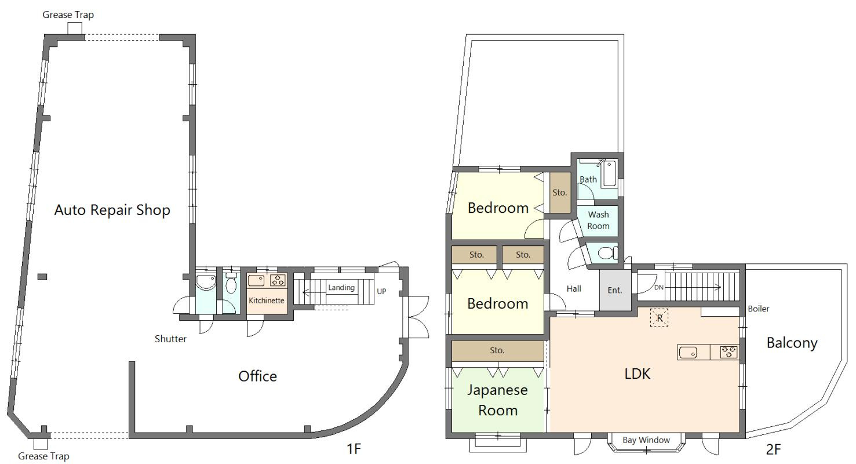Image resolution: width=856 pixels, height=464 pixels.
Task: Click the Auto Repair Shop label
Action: pos(112,210)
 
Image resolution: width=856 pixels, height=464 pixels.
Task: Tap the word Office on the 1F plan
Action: pos(257,376)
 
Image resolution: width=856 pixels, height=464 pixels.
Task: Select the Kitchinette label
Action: pos(267,300)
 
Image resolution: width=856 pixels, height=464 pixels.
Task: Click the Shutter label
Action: pos(170,339)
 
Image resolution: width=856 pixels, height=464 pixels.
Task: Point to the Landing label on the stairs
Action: pos(341,288)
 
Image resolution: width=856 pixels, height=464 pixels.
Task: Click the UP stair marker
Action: pos(381,292)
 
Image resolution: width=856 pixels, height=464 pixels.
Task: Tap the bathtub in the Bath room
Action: pos(609,175)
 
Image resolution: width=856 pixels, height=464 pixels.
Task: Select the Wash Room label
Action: pos(598,220)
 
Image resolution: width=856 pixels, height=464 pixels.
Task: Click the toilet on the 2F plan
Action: pos(607,253)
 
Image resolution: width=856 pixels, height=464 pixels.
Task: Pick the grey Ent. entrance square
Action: pos(615,291)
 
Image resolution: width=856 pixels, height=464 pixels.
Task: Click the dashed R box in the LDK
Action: pos(659,317)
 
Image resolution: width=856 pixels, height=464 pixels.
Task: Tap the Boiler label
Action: pos(759,309)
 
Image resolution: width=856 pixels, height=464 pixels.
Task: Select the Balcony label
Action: pos(792,343)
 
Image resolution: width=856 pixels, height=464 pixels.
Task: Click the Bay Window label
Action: pos(646,440)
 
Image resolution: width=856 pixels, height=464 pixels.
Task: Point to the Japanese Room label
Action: pos(498,400)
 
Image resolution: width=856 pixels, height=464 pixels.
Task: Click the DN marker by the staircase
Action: pos(659,287)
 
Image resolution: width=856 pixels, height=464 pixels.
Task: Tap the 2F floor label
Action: pos(773,449)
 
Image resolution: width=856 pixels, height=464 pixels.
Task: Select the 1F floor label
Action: pos(354,449)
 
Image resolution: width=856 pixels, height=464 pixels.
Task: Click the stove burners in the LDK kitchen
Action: pos(728,352)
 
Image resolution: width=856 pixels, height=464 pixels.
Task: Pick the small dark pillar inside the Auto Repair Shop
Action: pos(42,277)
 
